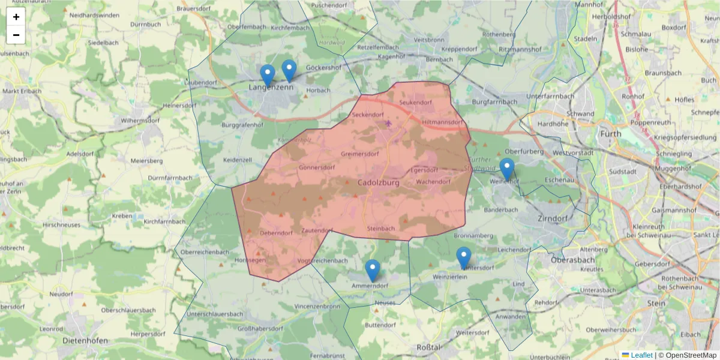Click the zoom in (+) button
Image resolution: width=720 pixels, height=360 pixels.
pos(16,17)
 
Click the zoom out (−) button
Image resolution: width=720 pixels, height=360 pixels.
pos(16,35)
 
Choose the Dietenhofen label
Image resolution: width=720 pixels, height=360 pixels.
pos(85,340)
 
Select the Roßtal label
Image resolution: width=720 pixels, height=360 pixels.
pos(428,347)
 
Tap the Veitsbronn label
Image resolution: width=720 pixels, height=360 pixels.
pos(428,39)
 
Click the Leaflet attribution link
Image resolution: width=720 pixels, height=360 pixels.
pos(641,355)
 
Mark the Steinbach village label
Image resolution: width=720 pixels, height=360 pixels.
pos(380,229)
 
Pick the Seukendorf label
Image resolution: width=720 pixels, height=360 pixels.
pos(416,103)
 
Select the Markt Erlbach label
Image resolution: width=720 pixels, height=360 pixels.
pos(22,91)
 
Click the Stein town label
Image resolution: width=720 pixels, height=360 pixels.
pos(656,304)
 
